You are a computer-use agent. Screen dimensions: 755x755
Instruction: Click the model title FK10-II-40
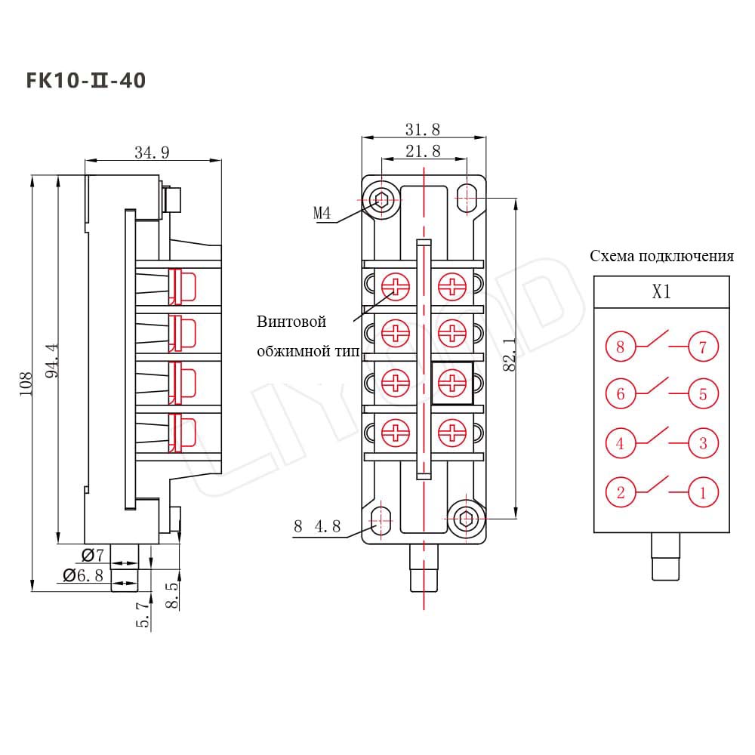(86, 80)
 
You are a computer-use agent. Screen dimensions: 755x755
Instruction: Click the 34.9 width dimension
(152, 153)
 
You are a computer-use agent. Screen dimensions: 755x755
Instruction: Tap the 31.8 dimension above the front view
(423, 129)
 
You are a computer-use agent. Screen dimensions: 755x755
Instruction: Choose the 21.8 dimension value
(423, 151)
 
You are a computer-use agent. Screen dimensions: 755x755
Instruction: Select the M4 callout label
(322, 214)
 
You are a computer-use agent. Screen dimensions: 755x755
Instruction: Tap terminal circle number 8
(621, 347)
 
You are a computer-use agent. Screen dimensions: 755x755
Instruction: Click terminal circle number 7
(703, 347)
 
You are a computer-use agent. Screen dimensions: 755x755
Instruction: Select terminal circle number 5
(703, 393)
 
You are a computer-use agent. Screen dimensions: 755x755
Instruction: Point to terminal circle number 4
(621, 443)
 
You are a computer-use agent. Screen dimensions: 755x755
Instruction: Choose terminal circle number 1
(703, 493)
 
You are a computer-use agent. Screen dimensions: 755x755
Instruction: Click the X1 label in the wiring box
(661, 292)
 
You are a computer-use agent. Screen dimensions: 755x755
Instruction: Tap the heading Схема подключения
(661, 255)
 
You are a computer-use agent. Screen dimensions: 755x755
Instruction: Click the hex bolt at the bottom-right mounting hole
(466, 518)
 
